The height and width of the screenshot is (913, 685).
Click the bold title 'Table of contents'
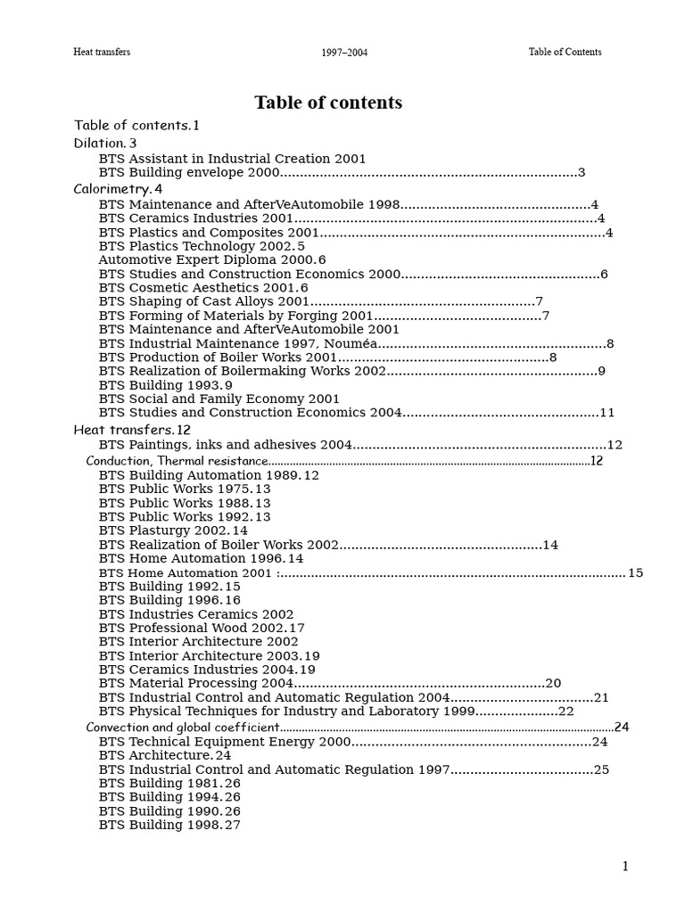coord(328,103)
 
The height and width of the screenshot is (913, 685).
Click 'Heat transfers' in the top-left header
coord(102,52)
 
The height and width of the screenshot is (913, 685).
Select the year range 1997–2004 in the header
coord(344,53)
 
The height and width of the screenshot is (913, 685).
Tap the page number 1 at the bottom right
coord(625,867)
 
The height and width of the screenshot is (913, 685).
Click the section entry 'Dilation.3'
coord(105,143)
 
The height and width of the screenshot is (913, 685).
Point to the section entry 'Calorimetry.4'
coord(118,189)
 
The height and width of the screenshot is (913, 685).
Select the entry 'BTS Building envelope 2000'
coord(189,173)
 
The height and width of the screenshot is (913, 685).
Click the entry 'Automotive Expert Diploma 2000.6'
coord(212,260)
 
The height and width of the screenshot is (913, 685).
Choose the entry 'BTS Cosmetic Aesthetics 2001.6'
coord(203,288)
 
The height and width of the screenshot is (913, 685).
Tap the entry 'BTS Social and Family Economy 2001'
coord(219,399)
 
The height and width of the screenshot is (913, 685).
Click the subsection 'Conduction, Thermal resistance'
coord(177,461)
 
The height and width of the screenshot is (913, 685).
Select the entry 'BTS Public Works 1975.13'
coord(185,489)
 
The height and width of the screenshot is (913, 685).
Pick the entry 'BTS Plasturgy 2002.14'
coord(173,531)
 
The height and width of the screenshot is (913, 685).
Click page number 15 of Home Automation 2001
coord(635,573)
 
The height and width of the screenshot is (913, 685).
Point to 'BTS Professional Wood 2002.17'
coord(202,628)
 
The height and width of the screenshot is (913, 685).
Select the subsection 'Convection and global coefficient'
coord(183,728)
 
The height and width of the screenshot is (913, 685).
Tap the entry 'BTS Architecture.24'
coord(165,755)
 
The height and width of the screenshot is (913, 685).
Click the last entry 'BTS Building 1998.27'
coord(169,826)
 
